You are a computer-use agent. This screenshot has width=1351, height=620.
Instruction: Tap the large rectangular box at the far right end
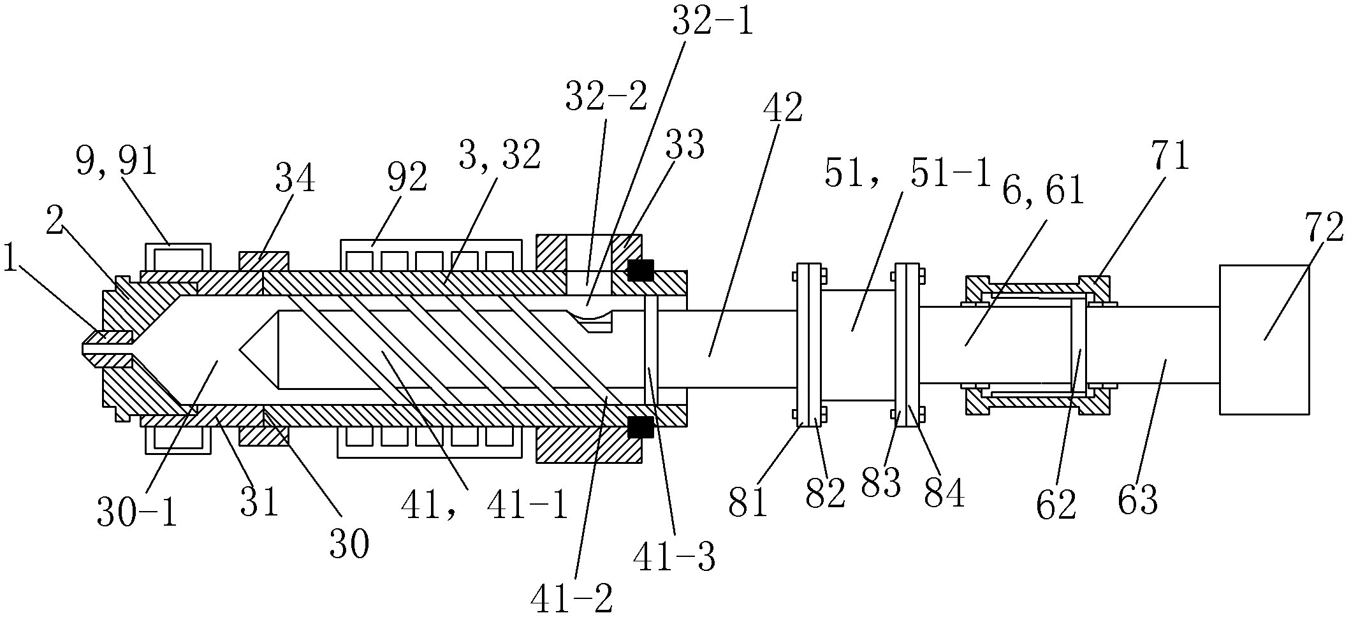click(1264, 340)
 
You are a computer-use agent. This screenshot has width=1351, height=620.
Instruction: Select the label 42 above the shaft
click(783, 108)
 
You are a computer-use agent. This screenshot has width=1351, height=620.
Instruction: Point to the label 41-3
click(674, 558)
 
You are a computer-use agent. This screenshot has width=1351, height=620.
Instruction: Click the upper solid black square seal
click(640, 270)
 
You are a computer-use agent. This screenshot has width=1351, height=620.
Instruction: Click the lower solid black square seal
click(640, 427)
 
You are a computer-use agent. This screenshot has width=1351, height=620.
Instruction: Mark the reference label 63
click(1138, 500)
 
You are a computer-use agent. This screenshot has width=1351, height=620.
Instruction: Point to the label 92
click(407, 178)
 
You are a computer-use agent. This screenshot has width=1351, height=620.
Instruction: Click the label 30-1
click(136, 513)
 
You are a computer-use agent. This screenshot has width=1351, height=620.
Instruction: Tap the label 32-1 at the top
click(713, 23)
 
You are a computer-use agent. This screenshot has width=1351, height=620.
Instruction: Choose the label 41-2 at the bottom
click(571, 600)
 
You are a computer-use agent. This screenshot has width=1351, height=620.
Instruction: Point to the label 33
click(685, 145)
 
